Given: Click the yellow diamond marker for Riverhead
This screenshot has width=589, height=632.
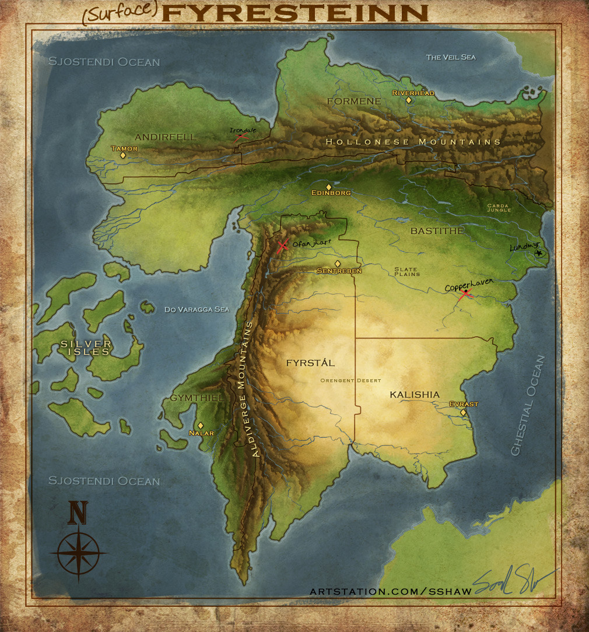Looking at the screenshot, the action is point(409,100).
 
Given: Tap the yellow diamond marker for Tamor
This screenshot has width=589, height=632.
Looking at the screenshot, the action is point(123,155).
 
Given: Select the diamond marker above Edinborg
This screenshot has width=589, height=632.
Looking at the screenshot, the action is point(328,187).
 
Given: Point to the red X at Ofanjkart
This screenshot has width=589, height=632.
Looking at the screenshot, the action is point(283,246).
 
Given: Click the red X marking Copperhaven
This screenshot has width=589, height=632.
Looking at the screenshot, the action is point(465,295).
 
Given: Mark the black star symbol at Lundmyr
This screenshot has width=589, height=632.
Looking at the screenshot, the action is point(538,253).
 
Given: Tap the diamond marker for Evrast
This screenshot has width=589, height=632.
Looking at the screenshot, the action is point(463,413).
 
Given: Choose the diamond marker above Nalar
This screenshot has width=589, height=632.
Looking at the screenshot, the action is point(201,425).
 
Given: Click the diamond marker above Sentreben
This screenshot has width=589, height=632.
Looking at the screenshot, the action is point(337,264).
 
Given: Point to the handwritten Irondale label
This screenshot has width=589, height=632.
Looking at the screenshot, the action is point(239,130).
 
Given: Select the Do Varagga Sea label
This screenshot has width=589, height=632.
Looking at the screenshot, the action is point(197,309).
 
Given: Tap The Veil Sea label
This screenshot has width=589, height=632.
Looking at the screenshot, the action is point(451,57).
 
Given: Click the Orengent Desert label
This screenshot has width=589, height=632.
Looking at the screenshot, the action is point(350,380).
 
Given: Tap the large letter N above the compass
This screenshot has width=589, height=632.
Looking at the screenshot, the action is point(78,512).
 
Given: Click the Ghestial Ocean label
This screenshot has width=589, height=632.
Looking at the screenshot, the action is point(528,406).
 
